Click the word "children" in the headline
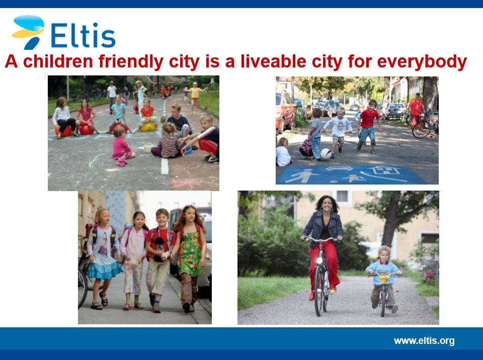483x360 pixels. click(58, 61)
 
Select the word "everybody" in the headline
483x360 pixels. click(422, 62)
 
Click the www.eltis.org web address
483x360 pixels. click(424, 341)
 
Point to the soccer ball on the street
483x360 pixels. click(326, 154)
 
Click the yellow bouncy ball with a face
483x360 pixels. click(148, 127)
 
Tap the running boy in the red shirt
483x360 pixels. click(368, 126)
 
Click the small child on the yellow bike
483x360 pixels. click(383, 279)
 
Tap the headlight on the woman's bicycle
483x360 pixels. click(319, 261)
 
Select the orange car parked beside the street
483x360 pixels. click(283, 111)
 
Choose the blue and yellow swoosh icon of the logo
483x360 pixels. click(28, 32)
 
